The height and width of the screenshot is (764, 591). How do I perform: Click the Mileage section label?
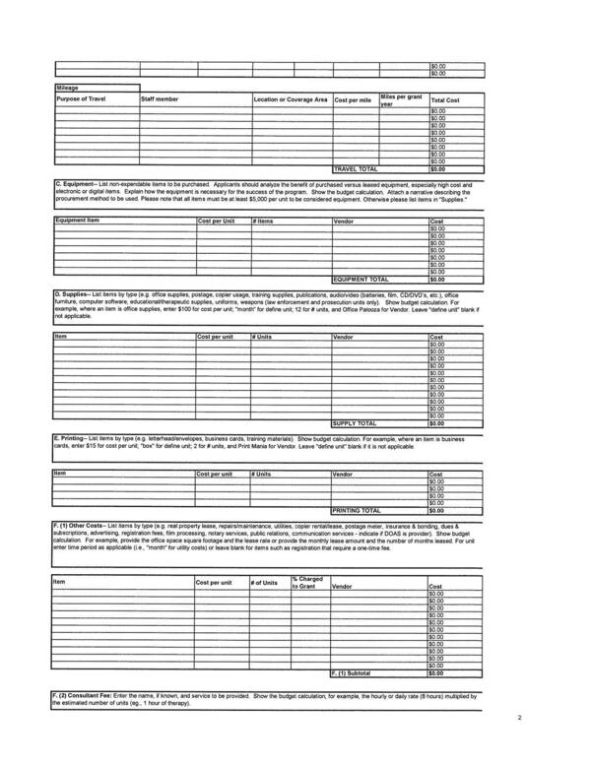tap(68, 88)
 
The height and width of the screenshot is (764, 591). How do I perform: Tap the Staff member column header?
tap(160, 99)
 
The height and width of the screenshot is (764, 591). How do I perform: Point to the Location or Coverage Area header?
tap(291, 99)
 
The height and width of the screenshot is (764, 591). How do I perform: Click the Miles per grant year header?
tap(402, 100)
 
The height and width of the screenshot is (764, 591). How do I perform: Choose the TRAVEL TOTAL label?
tap(356, 168)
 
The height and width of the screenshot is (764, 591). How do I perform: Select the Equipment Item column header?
tap(79, 221)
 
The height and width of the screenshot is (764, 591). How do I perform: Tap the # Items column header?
tap(263, 221)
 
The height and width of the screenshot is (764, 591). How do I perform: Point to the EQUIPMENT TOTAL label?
tap(362, 279)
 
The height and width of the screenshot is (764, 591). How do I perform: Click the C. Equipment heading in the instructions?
tap(75, 185)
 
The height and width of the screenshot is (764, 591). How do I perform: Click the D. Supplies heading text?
tap(72, 293)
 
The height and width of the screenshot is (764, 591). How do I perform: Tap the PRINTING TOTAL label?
tap(358, 511)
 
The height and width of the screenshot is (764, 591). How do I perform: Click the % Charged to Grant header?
tap(308, 582)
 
